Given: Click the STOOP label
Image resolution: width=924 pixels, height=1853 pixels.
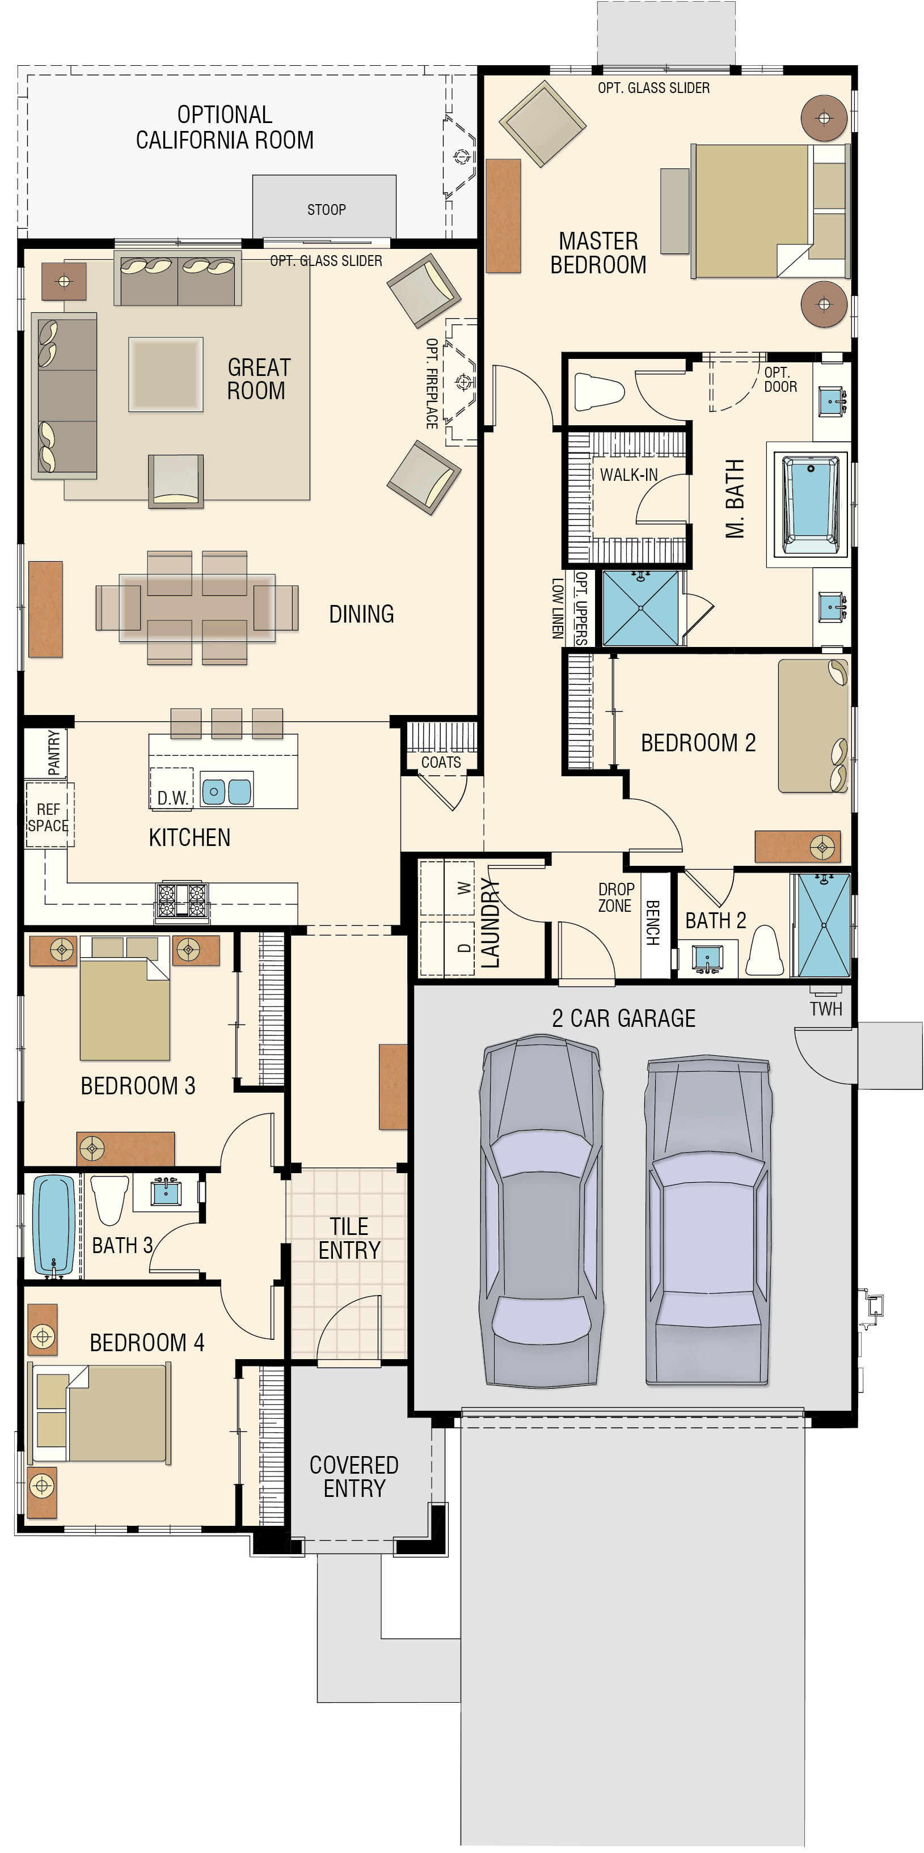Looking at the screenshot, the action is [x=327, y=209].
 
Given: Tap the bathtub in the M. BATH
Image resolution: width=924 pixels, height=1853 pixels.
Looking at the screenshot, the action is [x=811, y=505].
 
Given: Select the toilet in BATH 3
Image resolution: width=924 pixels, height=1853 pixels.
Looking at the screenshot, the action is [x=110, y=1199].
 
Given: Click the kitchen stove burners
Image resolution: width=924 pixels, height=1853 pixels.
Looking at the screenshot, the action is [x=182, y=900].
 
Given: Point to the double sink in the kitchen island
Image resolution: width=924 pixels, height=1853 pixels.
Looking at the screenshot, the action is [x=227, y=791].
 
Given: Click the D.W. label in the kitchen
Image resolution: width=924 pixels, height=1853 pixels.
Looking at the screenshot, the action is [x=172, y=798].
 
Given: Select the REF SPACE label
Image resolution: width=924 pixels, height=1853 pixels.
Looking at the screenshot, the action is [x=48, y=818].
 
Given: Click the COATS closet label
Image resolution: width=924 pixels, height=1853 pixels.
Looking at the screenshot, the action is [x=441, y=761].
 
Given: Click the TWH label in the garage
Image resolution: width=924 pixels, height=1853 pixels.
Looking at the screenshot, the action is [x=825, y=1009].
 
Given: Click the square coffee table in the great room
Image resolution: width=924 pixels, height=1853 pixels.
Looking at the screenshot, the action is [x=166, y=374].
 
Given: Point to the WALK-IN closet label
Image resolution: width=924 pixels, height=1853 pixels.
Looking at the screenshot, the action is [x=629, y=475].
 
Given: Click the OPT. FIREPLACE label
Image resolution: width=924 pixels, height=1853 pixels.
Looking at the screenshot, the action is [x=432, y=383].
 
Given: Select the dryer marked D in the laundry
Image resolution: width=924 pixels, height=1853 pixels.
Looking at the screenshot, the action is [x=447, y=948].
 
